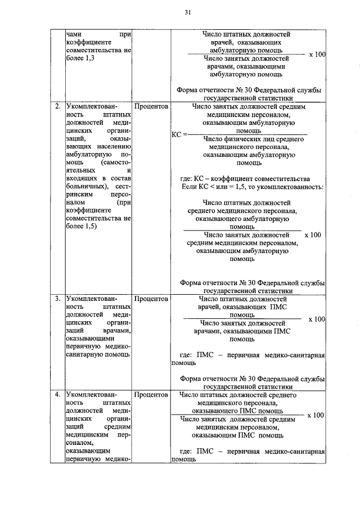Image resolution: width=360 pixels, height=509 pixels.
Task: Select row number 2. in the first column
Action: tap(57, 106)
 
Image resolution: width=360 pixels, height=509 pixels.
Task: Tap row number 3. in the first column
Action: tap(57, 299)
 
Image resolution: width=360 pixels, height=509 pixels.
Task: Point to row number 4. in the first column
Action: tap(57, 395)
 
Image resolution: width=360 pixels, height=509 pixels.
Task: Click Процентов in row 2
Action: tap(151, 106)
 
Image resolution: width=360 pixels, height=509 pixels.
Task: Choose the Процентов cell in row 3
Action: tap(151, 299)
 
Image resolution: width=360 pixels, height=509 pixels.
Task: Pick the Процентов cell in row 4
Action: tap(151, 395)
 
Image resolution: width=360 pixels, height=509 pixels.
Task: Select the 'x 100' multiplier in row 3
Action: tap(317, 319)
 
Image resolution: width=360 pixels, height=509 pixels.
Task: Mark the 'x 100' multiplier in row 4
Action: tap(317, 415)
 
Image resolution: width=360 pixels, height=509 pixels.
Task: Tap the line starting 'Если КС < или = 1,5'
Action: tap(251, 186)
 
